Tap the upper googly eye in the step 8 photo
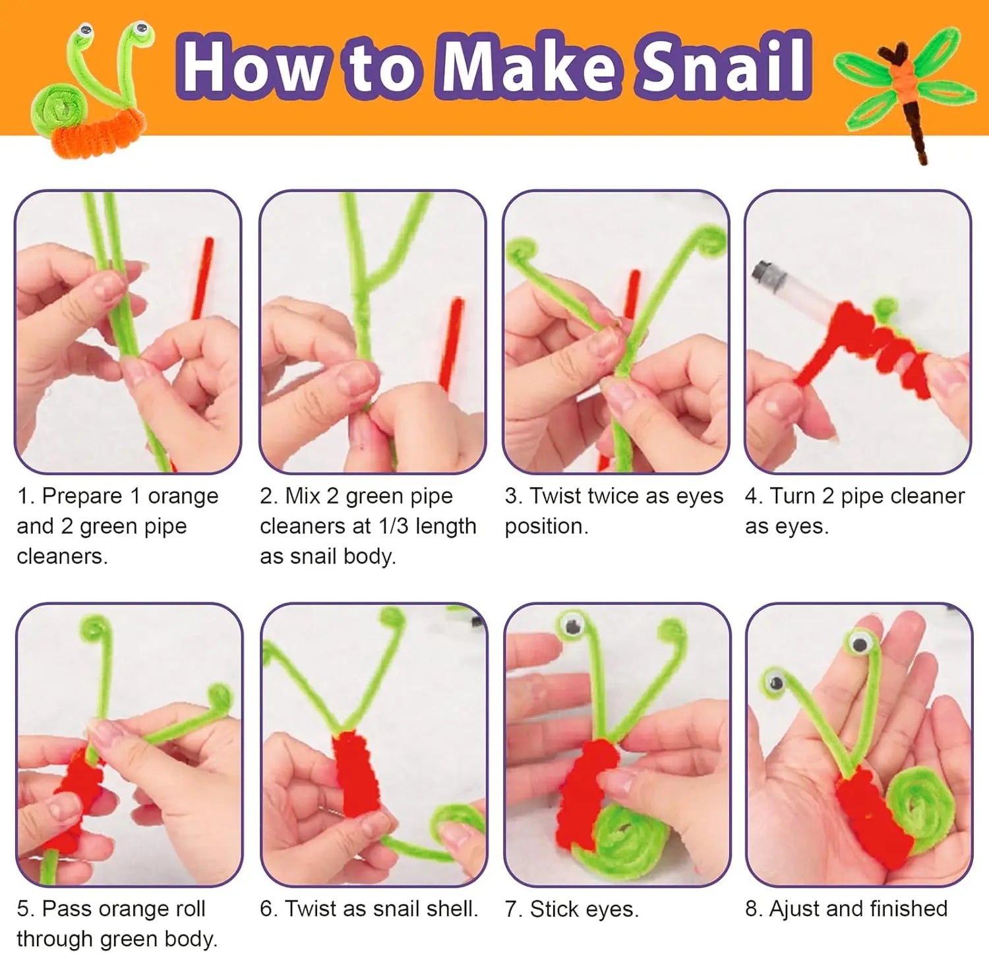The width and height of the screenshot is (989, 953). click(x=859, y=641)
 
